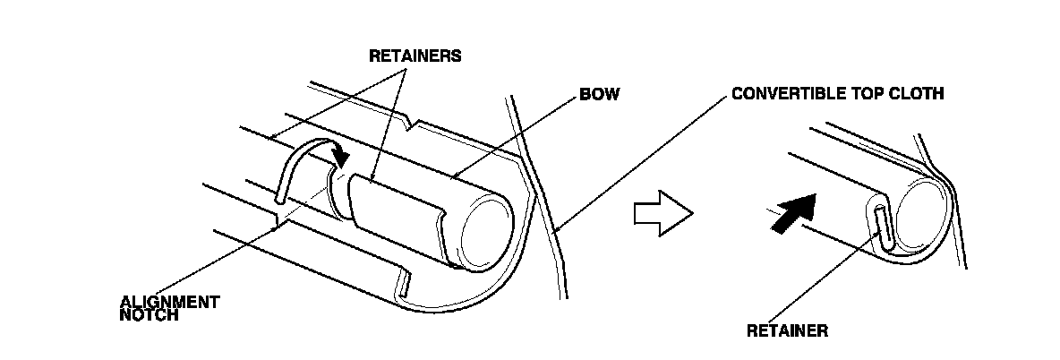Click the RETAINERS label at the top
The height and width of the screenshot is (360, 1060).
(x=415, y=56)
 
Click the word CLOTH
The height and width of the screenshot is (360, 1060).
(x=918, y=93)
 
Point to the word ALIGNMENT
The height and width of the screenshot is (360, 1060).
(x=170, y=302)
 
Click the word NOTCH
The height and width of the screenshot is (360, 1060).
(x=148, y=315)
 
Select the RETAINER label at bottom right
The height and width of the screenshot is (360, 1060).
(x=787, y=330)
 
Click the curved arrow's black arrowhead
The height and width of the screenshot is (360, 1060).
(x=340, y=157)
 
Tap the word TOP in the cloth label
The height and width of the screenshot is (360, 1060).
(x=859, y=93)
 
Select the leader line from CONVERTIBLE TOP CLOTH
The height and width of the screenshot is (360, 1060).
(x=645, y=161)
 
